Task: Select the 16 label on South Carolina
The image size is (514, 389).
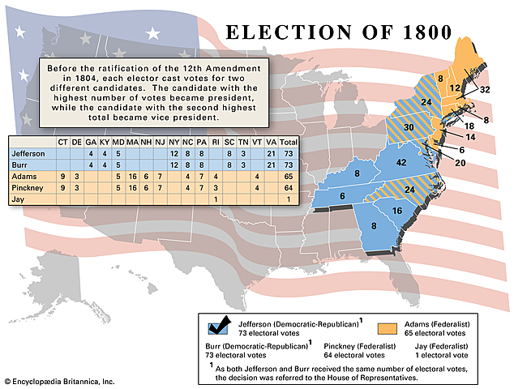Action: click(396, 211)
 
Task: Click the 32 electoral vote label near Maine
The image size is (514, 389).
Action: click(485, 90)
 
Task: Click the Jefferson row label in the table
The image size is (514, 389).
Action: click(28, 153)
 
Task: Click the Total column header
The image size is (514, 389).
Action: click(285, 142)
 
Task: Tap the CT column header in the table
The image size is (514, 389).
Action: click(62, 142)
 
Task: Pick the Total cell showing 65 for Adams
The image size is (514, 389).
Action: click(285, 176)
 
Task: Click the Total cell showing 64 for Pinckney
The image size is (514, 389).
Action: click(285, 187)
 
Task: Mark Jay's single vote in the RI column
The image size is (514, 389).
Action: click(215, 199)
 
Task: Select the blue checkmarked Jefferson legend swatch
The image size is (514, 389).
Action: click(217, 326)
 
